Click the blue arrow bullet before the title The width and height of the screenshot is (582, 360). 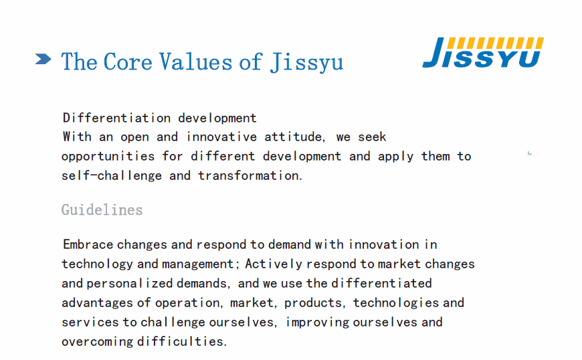[x=43, y=59]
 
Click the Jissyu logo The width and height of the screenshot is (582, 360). [x=483, y=52]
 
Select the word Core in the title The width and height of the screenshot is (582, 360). [x=128, y=62]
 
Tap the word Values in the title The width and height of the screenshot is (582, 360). [x=195, y=62]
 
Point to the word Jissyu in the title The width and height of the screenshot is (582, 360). [x=306, y=62]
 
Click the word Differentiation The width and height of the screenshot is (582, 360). [x=116, y=118]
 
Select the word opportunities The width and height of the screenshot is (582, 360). [x=108, y=157]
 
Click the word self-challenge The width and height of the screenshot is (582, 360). [x=112, y=175]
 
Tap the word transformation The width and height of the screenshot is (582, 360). [x=250, y=175]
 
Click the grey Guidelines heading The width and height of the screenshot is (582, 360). [x=102, y=209]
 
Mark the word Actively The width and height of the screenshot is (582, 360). [x=274, y=264]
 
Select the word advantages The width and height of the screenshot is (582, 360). [x=97, y=303]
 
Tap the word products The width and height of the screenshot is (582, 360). [x=313, y=303]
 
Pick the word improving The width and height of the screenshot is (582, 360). [x=317, y=323]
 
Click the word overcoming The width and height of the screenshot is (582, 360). [x=97, y=342]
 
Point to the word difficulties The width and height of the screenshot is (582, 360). [x=182, y=341]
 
